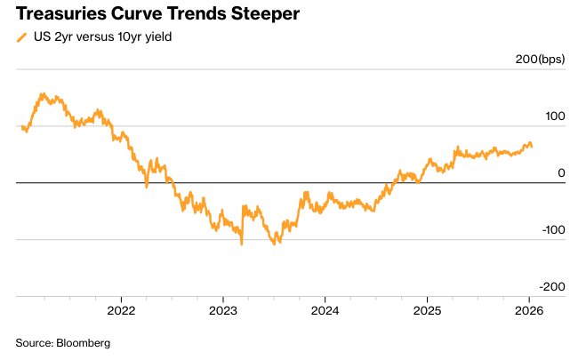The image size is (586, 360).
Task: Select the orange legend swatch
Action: tap(21, 37)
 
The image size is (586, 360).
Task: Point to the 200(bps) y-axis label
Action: tap(539, 60)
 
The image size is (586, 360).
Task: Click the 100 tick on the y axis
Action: tap(555, 116)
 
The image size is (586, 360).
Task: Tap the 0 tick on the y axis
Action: tap(561, 172)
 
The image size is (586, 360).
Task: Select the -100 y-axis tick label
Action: tap(551, 229)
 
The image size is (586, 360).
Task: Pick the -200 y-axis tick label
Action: tap(551, 286)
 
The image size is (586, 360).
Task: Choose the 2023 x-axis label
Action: tap(222, 310)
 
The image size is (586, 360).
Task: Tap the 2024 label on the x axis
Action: tap(325, 310)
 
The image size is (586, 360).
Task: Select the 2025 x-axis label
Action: tap(427, 310)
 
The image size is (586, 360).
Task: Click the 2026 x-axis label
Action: tap(529, 310)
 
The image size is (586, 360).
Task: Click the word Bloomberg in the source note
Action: tap(84, 342)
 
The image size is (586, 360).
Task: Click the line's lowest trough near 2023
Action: tap(241, 244)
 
